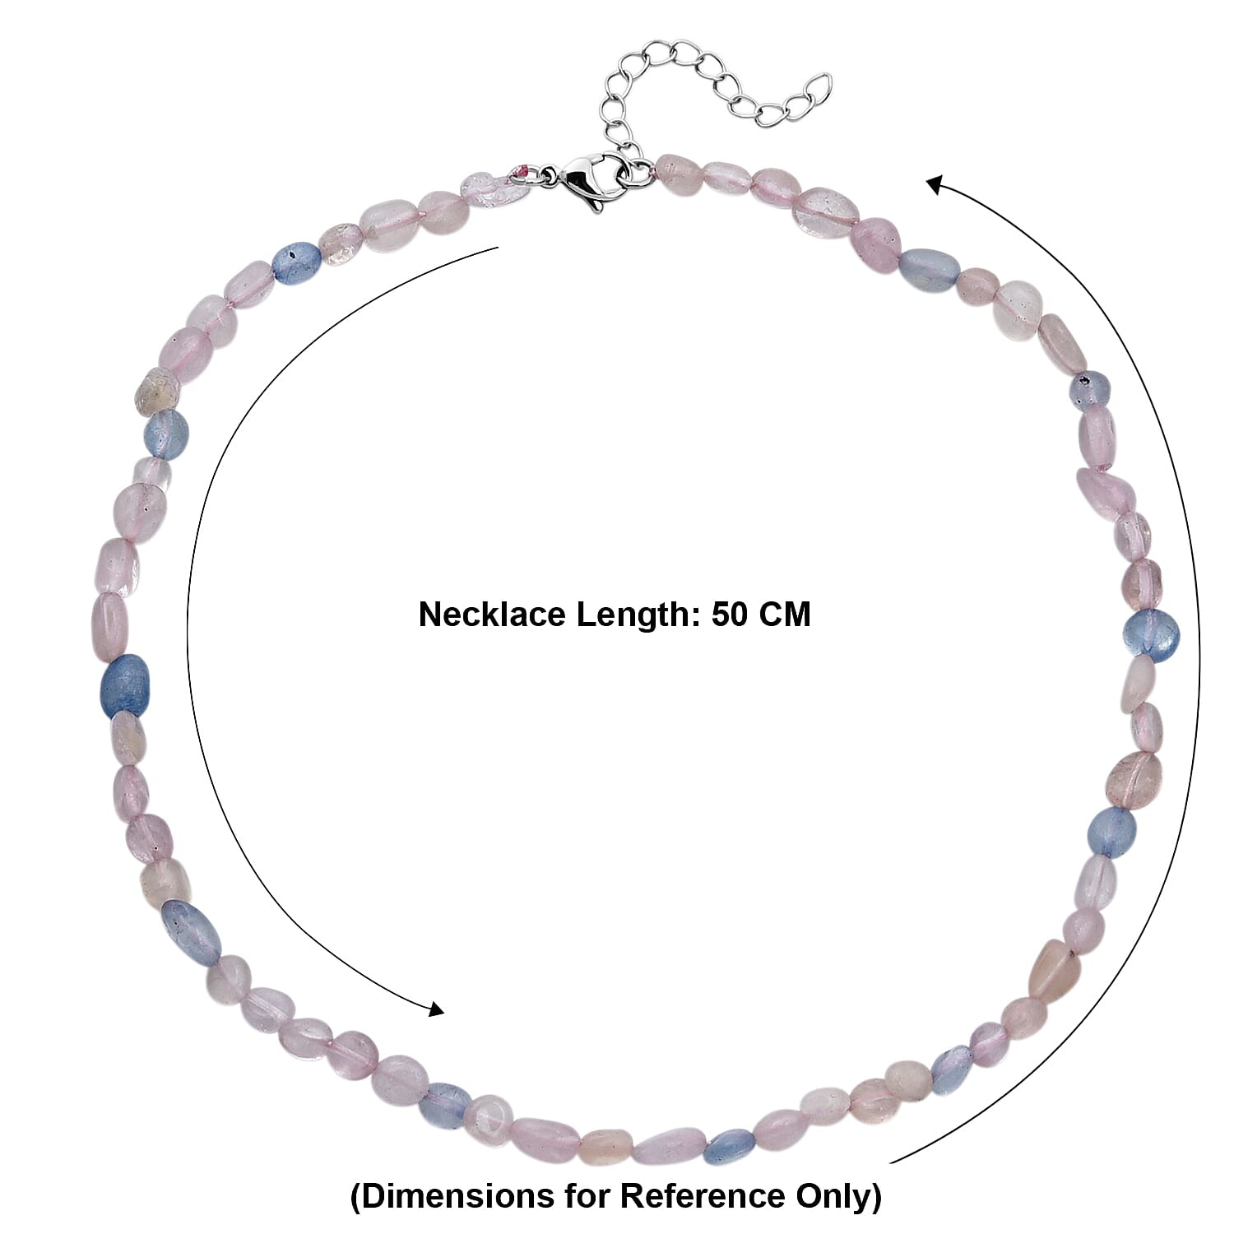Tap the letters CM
785,615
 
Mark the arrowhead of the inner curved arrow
435,1008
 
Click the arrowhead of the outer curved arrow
935,184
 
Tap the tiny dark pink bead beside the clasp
524,171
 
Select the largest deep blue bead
124,684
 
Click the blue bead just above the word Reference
728,1144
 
